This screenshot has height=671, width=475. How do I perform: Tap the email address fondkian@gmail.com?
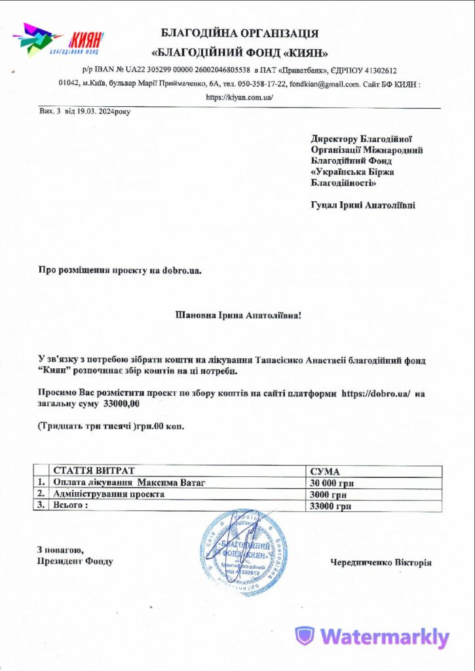coord(324,84)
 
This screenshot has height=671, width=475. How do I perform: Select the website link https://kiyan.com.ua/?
coord(239,97)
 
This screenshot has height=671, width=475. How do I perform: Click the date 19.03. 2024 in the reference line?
coord(92,111)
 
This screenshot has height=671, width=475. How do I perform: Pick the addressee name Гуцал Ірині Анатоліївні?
coord(362,205)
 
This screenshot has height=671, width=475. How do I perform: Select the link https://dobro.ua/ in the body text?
coord(375,393)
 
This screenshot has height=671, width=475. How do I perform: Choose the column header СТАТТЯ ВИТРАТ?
coord(94,471)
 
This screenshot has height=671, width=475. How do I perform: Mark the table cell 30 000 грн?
coord(332,483)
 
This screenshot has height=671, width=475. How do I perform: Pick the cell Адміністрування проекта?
coord(109,494)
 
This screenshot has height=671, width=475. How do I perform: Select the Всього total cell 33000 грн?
coord(330,506)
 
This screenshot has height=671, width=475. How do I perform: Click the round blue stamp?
coord(244,554)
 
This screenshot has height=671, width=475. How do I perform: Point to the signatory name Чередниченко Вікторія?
coord(381,562)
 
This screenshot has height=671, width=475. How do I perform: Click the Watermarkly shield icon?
coord(304,636)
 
